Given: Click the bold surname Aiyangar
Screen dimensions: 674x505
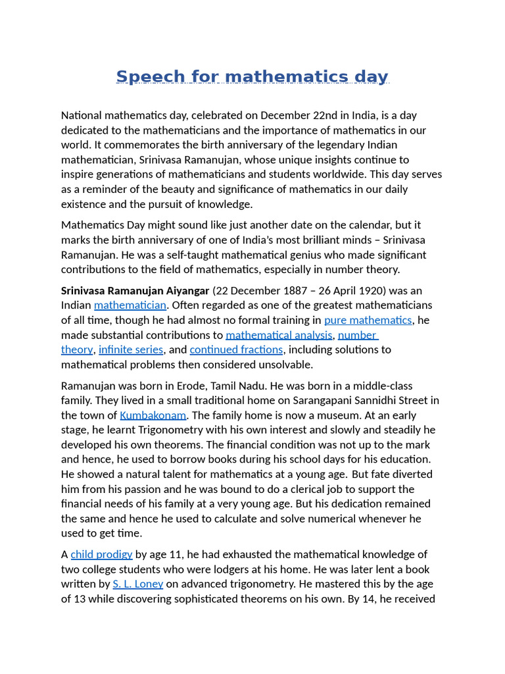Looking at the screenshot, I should coord(187,290).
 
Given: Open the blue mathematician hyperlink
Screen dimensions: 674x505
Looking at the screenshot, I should coord(130,305).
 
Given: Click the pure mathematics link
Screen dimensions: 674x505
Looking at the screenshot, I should coord(368,320).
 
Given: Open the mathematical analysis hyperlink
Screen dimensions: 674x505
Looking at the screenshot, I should coord(279,335).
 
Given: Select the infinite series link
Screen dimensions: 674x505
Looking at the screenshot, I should coord(131,350).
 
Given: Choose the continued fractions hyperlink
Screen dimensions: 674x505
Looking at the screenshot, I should coord(236,350).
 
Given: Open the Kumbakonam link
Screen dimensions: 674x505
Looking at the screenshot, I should coord(153,415).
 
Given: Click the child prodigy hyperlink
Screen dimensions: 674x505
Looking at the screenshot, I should coord(101,554).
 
